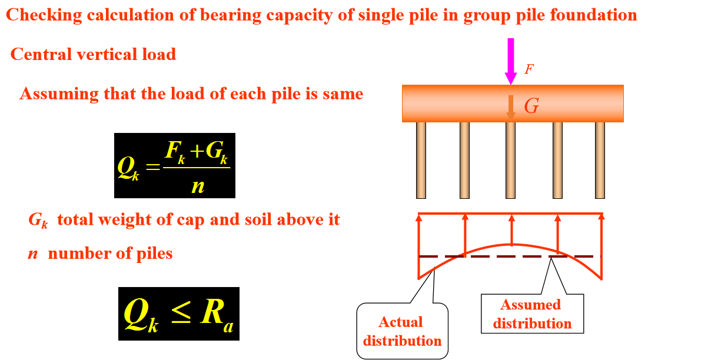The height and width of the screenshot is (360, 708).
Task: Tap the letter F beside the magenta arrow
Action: pos(529,69)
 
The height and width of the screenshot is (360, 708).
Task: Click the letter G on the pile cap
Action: pos(531,106)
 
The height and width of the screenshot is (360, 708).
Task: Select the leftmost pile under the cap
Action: pos(421,159)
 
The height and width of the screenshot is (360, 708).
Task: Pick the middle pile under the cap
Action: pos(510,159)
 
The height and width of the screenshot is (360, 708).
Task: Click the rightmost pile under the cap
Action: pos(600,159)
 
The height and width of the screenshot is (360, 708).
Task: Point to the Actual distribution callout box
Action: pos(402,331)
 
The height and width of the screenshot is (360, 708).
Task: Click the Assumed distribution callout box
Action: pos(532,314)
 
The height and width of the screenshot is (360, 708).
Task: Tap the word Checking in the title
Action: pos(42,15)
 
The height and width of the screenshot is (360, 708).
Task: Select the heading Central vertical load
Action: pos(93,55)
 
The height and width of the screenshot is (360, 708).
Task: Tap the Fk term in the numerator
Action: pos(175,152)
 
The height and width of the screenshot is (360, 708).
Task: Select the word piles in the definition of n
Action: pos(154,254)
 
